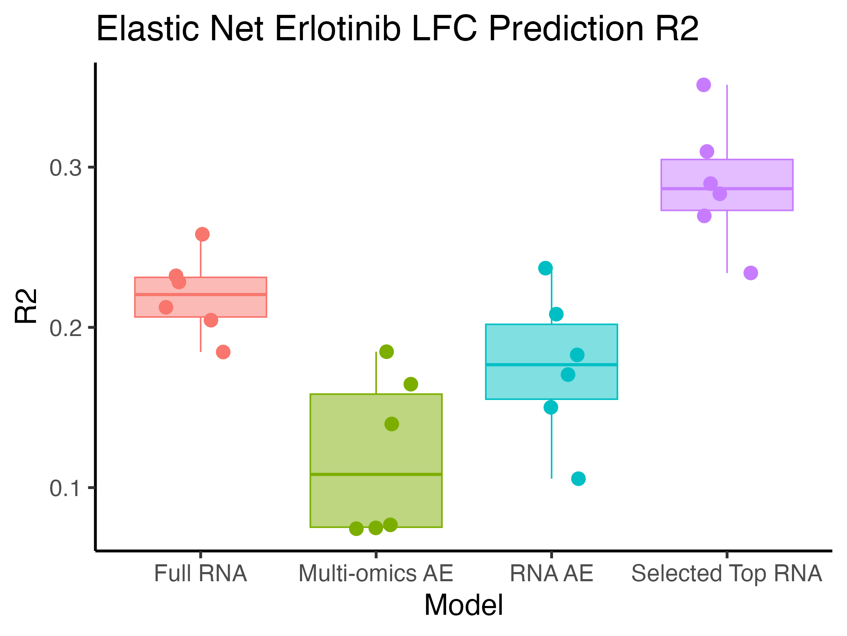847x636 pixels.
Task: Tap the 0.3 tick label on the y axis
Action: coord(66,168)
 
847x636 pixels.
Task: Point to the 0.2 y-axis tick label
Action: coord(66,329)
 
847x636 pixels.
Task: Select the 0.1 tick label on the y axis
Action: coord(66,489)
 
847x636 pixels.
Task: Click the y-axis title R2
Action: coord(26,306)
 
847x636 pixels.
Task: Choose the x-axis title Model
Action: coord(464,606)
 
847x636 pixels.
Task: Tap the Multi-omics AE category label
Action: coord(376,573)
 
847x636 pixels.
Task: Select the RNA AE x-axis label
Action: coord(551,573)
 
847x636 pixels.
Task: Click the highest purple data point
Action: coord(704,85)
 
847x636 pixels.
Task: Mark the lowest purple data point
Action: coord(751,273)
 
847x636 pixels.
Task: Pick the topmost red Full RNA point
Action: coord(203,234)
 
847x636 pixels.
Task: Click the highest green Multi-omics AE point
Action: coord(387,351)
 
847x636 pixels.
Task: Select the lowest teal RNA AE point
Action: coord(578,478)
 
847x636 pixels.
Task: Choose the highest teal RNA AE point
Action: coord(545,268)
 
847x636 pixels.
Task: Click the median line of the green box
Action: coord(376,474)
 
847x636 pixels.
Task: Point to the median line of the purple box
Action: coord(727,188)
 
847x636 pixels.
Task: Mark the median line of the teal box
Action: coord(551,364)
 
